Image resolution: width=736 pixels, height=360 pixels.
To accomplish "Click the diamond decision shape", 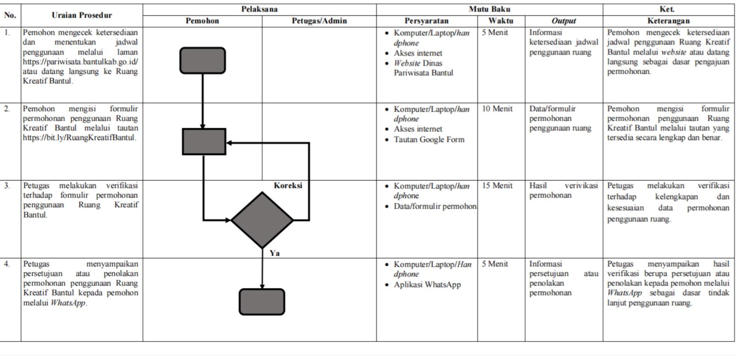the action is tap(262, 220).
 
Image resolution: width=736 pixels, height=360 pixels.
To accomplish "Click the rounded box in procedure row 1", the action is tap(203, 60).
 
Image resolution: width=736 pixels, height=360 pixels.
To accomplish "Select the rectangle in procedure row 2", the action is tap(204, 142).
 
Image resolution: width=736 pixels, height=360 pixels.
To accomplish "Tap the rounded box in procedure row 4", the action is tap(262, 302).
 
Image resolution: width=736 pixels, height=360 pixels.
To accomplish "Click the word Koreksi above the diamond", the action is tap(288, 185).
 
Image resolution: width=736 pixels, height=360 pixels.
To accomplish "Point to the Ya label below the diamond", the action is tap(275, 253).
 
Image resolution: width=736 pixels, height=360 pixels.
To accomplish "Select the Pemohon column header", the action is tap(202, 21).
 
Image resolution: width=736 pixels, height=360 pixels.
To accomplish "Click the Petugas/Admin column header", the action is tap(319, 21).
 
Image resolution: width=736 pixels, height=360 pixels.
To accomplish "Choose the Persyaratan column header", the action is tap(426, 21).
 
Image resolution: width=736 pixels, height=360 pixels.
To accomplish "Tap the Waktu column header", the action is tap(501, 21).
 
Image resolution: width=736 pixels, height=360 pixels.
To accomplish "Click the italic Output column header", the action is tap(564, 21).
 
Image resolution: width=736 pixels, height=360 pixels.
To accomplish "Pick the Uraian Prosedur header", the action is tap(82, 15).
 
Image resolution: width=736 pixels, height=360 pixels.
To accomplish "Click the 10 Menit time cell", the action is tap(497, 109).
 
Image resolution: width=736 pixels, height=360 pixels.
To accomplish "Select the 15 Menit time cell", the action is tap(497, 185).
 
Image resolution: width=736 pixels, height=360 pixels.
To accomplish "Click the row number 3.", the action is tap(7, 185).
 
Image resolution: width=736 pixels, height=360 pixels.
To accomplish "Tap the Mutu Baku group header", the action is tap(490, 9).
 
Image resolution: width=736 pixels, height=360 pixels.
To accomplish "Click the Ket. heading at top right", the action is tap(669, 9).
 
